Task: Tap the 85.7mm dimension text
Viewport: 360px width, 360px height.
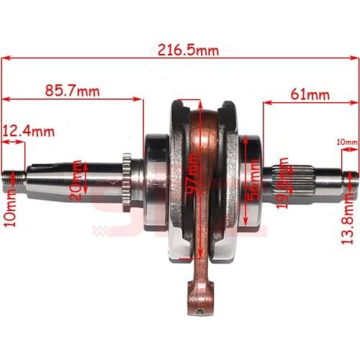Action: [72, 91]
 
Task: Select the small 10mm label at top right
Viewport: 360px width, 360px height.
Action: [346, 143]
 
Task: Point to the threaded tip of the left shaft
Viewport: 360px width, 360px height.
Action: [13, 175]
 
